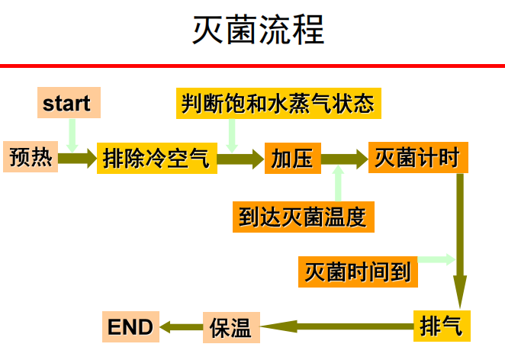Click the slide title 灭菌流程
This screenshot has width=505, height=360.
(x=258, y=31)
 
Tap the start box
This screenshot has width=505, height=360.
(x=67, y=103)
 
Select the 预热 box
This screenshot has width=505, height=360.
(x=31, y=158)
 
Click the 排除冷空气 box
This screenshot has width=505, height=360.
(x=156, y=159)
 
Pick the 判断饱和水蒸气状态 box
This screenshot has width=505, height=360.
(x=277, y=103)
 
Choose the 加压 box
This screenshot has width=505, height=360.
(x=292, y=158)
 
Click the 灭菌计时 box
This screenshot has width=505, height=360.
(x=417, y=158)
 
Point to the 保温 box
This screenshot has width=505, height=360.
(x=230, y=327)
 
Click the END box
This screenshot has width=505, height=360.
(x=130, y=327)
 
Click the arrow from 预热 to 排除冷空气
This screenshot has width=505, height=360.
(x=77, y=159)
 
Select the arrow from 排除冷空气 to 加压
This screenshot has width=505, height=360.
(x=240, y=159)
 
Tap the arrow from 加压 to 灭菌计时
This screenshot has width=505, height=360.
(x=344, y=159)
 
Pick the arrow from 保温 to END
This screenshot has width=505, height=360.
(x=180, y=327)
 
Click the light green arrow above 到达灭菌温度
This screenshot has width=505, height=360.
(x=337, y=185)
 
